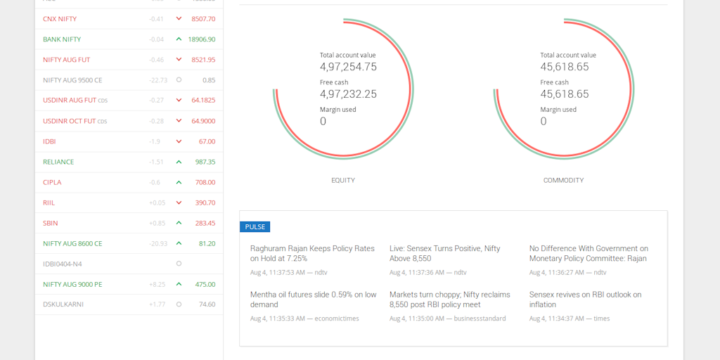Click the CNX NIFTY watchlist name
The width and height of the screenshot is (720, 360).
[x=60, y=19]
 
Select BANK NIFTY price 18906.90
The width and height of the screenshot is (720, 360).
[x=201, y=39]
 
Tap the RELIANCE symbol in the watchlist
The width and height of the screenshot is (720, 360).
[x=58, y=162]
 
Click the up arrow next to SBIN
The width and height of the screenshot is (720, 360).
[x=179, y=223]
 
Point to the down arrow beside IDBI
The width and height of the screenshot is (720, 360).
[x=179, y=141]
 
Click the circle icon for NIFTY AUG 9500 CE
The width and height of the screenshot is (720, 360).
[x=179, y=80]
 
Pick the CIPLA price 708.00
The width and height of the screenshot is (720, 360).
[x=205, y=182]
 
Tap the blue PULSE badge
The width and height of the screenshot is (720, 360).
[x=255, y=227]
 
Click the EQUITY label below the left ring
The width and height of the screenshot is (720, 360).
[x=343, y=181]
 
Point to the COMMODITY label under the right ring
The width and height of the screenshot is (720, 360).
[x=563, y=181]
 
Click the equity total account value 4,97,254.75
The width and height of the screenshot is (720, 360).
[x=348, y=67]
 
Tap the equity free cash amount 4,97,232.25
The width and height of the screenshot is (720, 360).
[x=348, y=94]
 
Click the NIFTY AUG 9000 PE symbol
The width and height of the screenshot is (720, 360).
[x=72, y=284]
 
